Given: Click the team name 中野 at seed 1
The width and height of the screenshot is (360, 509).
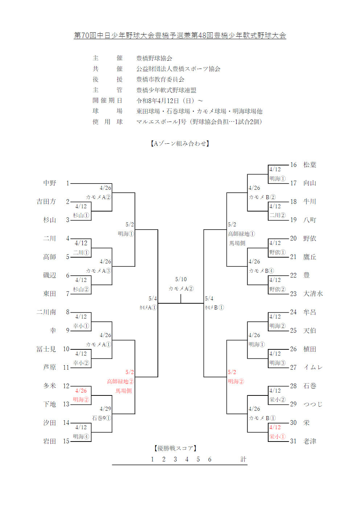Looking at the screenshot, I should pos(50,183).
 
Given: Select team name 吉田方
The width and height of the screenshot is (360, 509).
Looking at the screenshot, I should pos(46,201).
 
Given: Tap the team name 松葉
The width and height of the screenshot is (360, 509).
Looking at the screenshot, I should pos(310,165).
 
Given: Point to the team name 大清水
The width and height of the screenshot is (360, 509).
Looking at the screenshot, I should pos(313,294).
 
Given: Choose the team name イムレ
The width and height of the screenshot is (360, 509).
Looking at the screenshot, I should pos(313,367).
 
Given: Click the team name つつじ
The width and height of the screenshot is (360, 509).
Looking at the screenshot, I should pos(313,404).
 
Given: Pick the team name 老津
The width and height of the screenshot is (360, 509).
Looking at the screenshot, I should pos(310,441).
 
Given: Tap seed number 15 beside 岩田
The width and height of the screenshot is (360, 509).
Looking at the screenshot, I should pos(66,441).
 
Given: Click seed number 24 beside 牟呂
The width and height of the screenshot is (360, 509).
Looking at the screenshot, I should pos(293,312).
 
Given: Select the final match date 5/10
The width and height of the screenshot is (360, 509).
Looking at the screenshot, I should pos(181,279).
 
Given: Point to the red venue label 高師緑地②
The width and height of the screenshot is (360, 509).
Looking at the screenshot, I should pos(120,381).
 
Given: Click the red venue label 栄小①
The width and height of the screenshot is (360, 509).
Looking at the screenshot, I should pos(277,436).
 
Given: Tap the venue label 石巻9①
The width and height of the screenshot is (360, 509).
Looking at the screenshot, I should pos(102,418).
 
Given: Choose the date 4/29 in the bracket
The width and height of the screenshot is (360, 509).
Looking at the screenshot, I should pos(105,409).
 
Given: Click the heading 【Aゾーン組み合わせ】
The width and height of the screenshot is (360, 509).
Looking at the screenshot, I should pos(180,143).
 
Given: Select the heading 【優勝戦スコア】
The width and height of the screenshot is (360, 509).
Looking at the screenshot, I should pos(175,448).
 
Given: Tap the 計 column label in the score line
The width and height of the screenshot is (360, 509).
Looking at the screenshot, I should pos(243,459).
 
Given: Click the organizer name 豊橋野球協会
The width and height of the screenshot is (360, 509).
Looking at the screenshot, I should pos(154,58).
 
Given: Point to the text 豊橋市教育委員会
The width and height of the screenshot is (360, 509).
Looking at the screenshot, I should pos(160,79).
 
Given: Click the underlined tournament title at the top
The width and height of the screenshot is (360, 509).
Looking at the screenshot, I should pos(180,35).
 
